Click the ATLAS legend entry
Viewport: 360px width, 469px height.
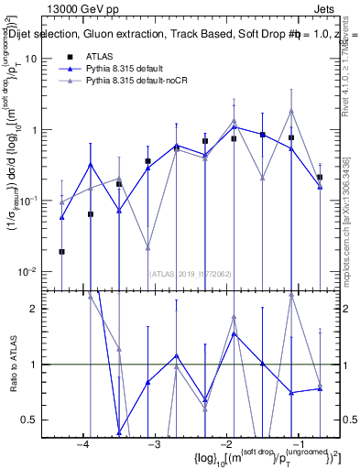tap(104, 57)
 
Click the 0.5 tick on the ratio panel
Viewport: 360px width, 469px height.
tap(29, 420)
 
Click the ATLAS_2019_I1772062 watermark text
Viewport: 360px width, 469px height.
tap(190, 272)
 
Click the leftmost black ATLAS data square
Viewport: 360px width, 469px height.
tap(61, 251)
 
